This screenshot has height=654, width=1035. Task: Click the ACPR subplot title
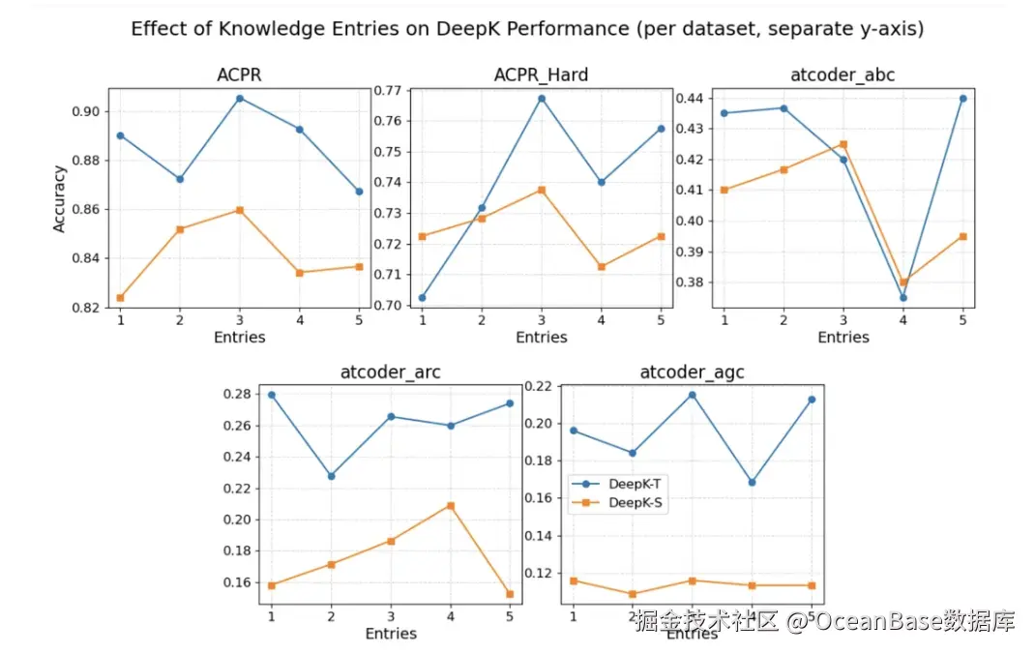tap(239, 75)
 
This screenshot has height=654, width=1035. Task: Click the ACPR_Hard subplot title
tap(541, 75)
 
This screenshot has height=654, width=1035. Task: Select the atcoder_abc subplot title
tap(843, 75)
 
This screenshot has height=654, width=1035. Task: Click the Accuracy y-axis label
tap(59, 198)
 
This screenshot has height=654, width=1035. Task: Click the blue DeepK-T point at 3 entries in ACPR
tap(240, 98)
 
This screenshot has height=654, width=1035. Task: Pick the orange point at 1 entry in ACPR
tap(120, 298)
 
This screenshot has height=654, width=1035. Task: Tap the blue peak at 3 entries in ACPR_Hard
tap(542, 98)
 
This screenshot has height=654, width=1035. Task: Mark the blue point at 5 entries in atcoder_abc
tap(963, 98)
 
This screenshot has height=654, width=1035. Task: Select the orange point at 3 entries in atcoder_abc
tap(843, 144)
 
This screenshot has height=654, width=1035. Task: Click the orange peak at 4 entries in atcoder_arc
tap(451, 505)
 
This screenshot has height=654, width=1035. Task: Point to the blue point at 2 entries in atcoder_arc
tap(331, 476)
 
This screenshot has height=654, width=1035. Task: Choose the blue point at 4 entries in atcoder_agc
tap(753, 482)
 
